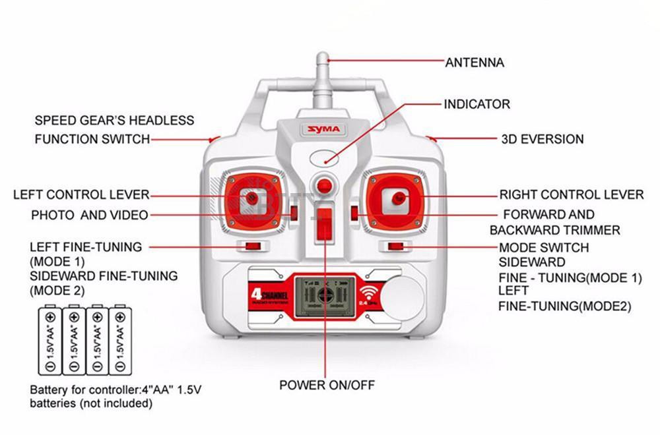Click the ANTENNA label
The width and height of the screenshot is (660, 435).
[x=475, y=63]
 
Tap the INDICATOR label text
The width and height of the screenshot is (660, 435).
[x=477, y=104]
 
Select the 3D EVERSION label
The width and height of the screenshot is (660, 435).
[x=543, y=139]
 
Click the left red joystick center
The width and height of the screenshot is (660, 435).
[x=251, y=197]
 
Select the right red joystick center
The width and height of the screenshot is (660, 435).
[x=397, y=198]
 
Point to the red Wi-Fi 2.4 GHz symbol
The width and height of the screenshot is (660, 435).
[x=368, y=294]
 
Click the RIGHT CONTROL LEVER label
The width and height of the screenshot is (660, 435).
[x=571, y=194]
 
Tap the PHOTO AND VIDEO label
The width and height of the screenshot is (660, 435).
[x=89, y=215]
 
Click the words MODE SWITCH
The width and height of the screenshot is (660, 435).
[x=544, y=248]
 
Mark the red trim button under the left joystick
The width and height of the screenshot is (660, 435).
[x=251, y=246]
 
